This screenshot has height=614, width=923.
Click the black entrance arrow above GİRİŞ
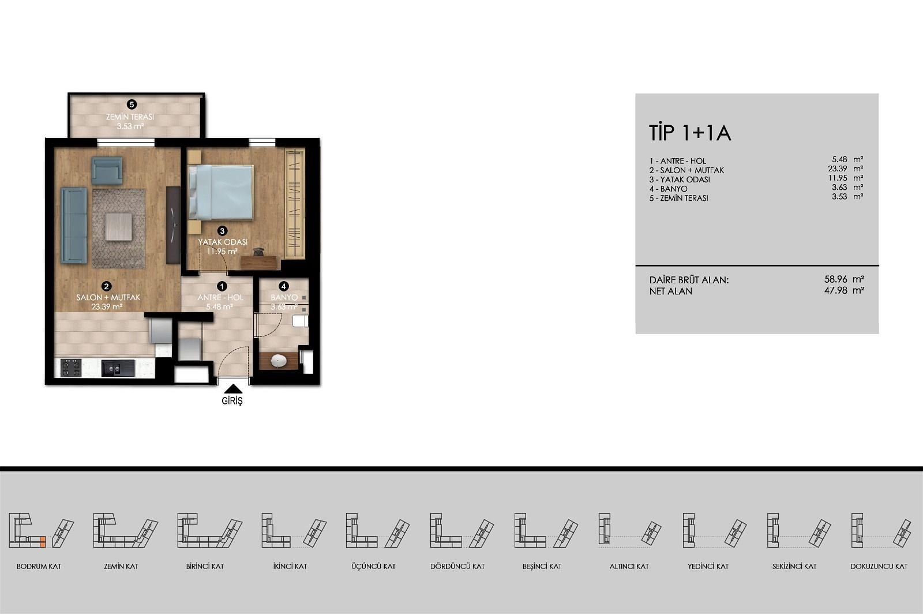[233, 389]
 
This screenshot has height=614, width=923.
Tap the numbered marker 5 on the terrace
[132, 104]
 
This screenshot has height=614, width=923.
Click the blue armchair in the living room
[107, 170]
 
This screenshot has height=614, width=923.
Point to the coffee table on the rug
[119, 226]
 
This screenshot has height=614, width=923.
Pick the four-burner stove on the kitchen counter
[71, 368]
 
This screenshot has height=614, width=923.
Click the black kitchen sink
[118, 368]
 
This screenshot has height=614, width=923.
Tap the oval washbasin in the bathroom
[279, 361]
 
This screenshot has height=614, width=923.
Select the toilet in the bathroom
[301, 320]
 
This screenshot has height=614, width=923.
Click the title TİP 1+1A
[690, 133]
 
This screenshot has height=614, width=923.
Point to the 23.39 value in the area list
[837, 169]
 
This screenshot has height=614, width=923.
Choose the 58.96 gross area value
[836, 279]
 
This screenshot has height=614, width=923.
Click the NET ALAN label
[671, 291]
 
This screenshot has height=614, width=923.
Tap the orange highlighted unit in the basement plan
[43, 542]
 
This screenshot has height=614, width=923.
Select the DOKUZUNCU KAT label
[879, 567]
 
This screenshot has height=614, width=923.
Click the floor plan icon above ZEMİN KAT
[125, 530]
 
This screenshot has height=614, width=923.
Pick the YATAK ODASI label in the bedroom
[223, 242]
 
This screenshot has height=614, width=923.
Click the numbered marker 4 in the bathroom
[283, 286]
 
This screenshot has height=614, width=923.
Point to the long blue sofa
[74, 226]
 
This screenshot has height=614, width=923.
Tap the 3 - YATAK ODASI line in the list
[680, 179]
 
